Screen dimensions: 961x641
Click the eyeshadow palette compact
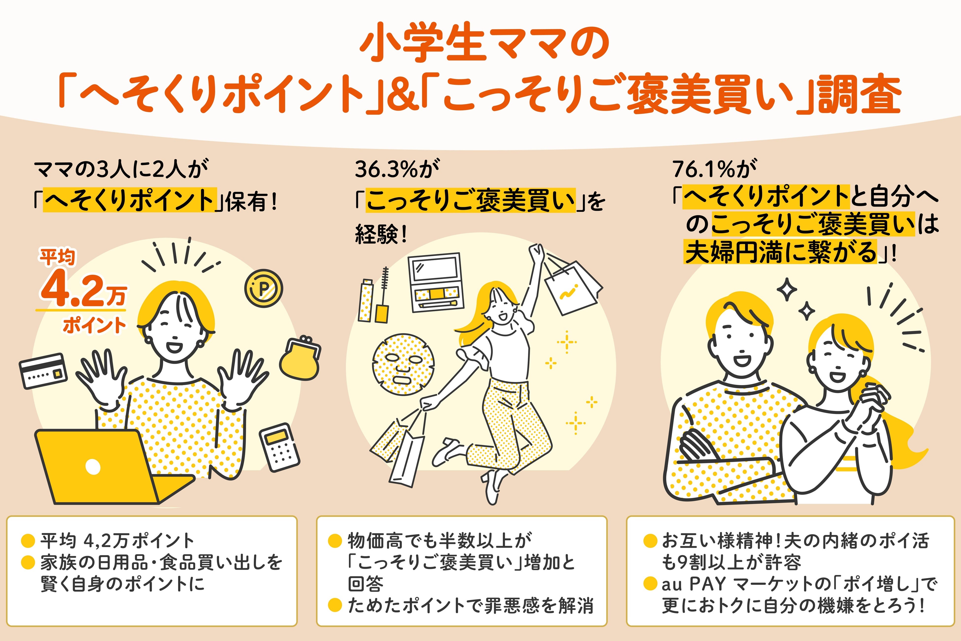coord(435,282)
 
